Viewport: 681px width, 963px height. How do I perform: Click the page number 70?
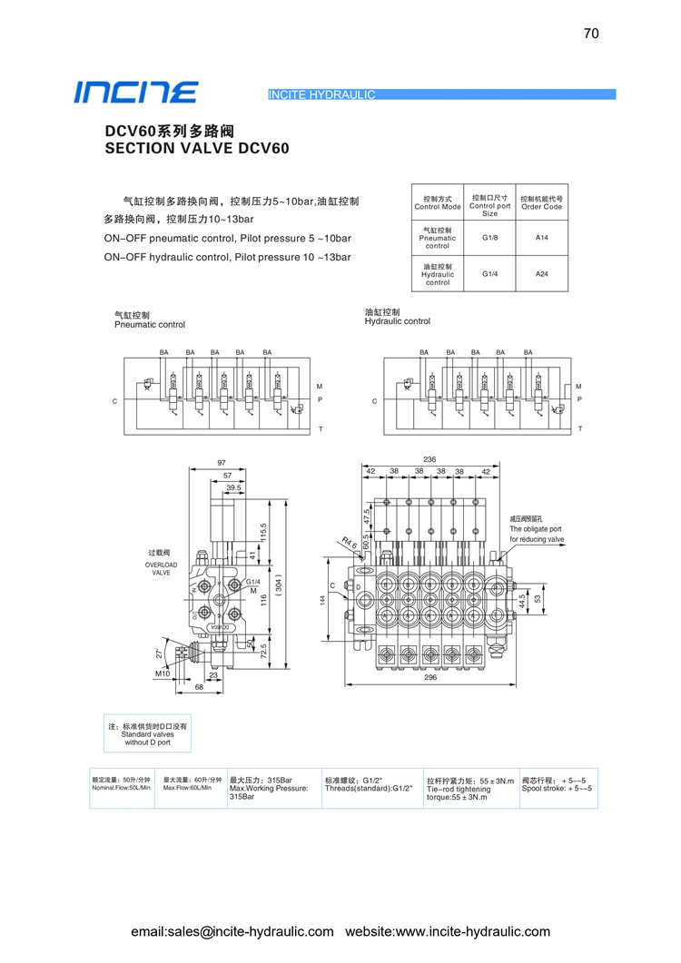591,34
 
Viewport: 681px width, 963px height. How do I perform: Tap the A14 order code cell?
541,238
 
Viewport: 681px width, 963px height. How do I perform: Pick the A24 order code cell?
541,273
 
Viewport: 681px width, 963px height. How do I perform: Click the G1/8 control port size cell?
489,238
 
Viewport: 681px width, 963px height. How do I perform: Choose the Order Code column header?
541,202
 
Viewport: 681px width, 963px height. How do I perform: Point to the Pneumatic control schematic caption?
149,324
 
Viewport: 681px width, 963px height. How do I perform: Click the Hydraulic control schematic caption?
397,321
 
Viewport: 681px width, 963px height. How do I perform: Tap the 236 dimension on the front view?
429,460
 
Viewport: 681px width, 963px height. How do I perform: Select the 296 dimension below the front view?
429,677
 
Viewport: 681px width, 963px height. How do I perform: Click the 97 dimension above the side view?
222,463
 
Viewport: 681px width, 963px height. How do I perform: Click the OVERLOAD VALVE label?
161,568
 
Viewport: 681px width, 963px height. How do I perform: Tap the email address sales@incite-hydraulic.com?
232,931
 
